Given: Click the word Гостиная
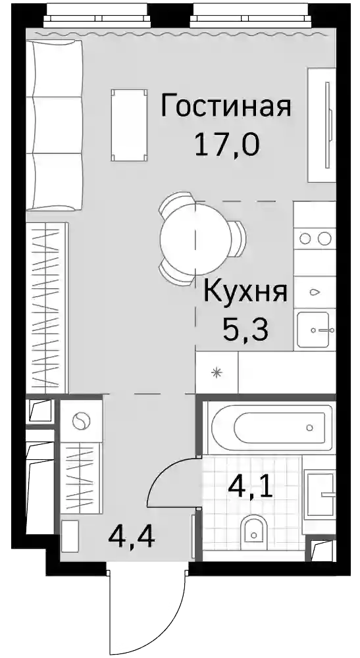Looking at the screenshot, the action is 226,106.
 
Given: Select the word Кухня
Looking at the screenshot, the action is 245,293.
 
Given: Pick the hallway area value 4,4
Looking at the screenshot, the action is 132,536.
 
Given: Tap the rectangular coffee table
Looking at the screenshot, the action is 129,124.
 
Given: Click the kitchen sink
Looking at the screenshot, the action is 313,330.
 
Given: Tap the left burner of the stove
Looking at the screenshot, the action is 305,239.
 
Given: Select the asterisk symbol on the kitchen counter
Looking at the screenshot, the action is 217,372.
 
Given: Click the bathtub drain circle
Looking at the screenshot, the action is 309,428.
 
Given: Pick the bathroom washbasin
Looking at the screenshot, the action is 321,495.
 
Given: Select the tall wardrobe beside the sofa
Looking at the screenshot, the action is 47,307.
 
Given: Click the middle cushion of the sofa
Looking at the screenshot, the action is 54,124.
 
